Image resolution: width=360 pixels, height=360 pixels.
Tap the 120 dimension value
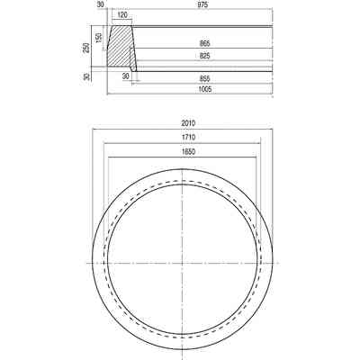pos(122,15)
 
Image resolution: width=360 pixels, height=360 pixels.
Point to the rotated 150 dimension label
pos(99,38)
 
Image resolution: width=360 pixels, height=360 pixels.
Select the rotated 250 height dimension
pos(86,48)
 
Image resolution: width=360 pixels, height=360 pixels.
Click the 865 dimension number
pos(205,44)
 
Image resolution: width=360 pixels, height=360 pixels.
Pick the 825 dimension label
pos(205,56)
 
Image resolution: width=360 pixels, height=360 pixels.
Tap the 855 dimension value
pos(205,79)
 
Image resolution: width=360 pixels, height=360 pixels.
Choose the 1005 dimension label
pos(205,89)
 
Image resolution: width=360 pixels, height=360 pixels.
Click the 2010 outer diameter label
pos(188,123)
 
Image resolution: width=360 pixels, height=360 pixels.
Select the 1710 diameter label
pos(188,138)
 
